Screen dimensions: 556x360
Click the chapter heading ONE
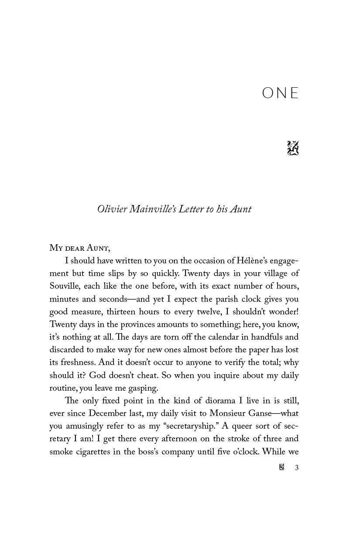[281, 93]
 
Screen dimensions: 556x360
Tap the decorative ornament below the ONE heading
[293, 148]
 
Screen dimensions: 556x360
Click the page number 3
[297, 468]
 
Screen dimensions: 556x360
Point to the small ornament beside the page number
[282, 468]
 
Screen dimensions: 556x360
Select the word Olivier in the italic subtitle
[112, 209]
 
